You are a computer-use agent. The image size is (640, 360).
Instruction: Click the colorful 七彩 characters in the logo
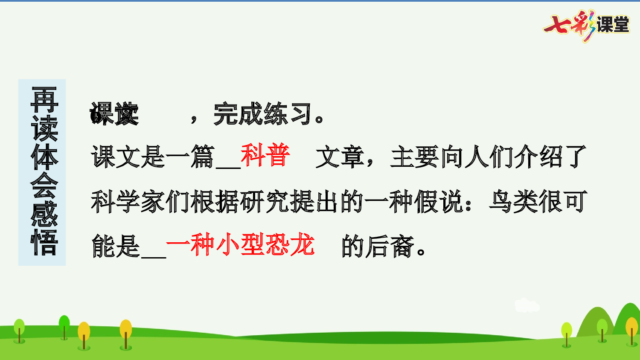coord(569,25)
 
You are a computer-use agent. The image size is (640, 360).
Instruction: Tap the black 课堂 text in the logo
coord(613,25)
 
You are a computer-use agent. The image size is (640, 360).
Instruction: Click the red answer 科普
coord(265,155)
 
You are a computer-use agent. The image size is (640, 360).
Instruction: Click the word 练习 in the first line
coord(288,114)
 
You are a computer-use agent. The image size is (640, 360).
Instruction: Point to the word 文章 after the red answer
coord(340,157)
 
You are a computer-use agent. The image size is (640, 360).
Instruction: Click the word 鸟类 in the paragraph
coord(514,201)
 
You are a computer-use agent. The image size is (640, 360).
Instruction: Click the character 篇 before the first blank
coord(203,157)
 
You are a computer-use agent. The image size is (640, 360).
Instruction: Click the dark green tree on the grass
coord(64,326)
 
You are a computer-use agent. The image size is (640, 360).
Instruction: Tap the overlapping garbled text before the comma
coord(114,114)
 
